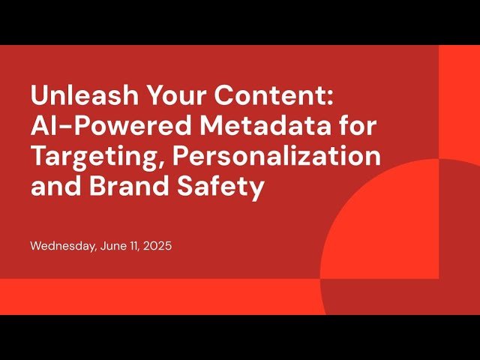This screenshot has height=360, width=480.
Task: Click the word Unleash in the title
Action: [77, 97]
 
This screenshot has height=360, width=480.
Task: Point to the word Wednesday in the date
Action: [63, 246]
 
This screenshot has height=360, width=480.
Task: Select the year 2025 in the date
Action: [158, 246]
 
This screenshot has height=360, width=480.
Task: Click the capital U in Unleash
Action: [39, 97]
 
